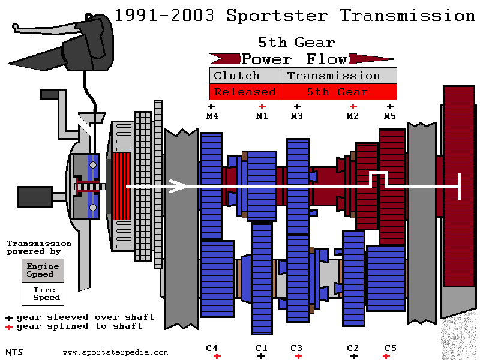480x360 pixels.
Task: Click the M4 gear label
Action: tap(212, 116)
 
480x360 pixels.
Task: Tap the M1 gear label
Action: tap(262, 116)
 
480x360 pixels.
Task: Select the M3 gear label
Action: tap(297, 116)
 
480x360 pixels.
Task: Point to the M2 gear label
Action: tap(353, 116)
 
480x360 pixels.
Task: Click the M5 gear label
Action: tap(390, 116)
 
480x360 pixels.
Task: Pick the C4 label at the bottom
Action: tap(212, 348)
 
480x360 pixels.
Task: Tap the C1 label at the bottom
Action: tap(262, 348)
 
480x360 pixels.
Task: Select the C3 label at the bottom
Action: tap(296, 348)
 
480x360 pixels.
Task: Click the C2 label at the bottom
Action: tap(353, 348)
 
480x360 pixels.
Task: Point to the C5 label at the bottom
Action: tap(391, 348)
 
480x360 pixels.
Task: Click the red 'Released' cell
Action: tap(246, 92)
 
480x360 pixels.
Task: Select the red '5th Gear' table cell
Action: tap(340, 92)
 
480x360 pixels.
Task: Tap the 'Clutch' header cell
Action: tap(246, 76)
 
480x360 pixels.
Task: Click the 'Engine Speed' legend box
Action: tap(43, 271)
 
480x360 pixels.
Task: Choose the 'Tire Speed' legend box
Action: tap(43, 294)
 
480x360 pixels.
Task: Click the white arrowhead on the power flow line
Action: tap(178, 186)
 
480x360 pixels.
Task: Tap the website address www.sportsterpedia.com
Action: tap(115, 352)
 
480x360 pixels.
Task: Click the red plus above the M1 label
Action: tap(262, 107)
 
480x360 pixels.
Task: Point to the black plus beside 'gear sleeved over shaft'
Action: tap(9, 319)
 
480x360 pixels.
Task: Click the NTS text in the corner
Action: tap(14, 352)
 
